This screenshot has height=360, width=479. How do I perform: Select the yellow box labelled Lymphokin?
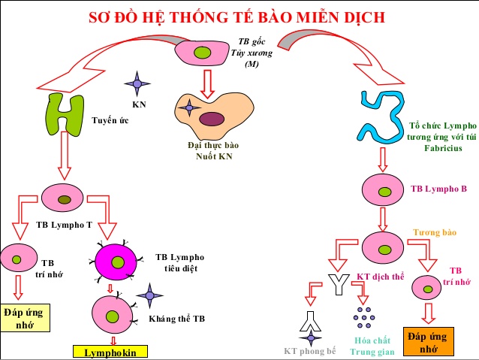pyautogui.click(x=110, y=352)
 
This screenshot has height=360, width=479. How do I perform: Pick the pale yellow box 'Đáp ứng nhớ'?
pyautogui.click(x=23, y=317)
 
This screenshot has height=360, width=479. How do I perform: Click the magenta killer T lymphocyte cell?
pyautogui.click(x=118, y=262)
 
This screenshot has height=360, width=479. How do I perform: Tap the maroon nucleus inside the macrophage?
pyautogui.click(x=212, y=118)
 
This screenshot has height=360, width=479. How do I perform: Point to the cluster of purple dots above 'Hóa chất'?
pyautogui.click(x=364, y=318)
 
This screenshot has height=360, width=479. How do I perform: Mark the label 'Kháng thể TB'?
pyautogui.click(x=176, y=319)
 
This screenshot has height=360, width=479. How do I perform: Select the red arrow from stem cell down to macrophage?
pyautogui.click(x=207, y=78)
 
